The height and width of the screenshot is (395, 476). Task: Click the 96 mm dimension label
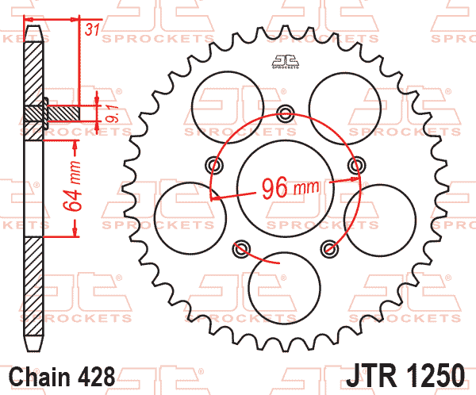[290, 188]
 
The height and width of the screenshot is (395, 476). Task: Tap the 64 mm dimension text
[73, 186]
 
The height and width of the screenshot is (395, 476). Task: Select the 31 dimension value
[92, 30]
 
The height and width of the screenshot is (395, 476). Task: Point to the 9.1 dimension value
[111, 113]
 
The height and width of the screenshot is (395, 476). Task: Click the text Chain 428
[62, 377]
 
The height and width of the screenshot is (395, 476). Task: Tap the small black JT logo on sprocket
[286, 62]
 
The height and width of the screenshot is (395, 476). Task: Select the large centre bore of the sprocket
[286, 188]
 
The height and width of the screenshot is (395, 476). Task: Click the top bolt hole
[286, 113]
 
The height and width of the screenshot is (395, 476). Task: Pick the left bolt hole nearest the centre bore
[214, 166]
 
